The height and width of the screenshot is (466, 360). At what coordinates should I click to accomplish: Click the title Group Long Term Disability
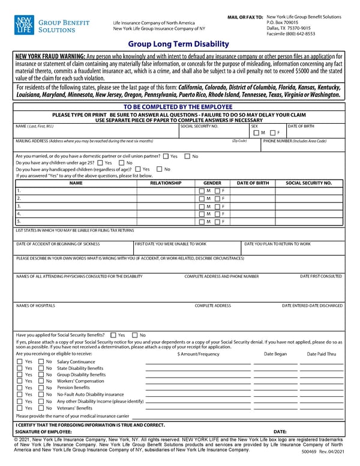tap(178, 44)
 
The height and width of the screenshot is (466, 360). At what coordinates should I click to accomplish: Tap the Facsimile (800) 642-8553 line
tap(290, 34)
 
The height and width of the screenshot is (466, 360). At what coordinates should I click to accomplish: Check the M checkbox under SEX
tap(257, 133)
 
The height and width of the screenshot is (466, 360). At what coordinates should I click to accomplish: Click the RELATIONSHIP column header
tap(166, 183)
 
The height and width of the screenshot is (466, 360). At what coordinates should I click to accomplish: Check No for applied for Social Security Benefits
tap(135, 335)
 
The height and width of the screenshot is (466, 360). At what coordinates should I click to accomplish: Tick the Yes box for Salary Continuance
tap(20, 362)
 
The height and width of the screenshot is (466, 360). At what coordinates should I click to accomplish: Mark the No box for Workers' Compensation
tap(41, 381)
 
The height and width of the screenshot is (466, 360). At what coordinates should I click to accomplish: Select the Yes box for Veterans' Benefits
tap(20, 408)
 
